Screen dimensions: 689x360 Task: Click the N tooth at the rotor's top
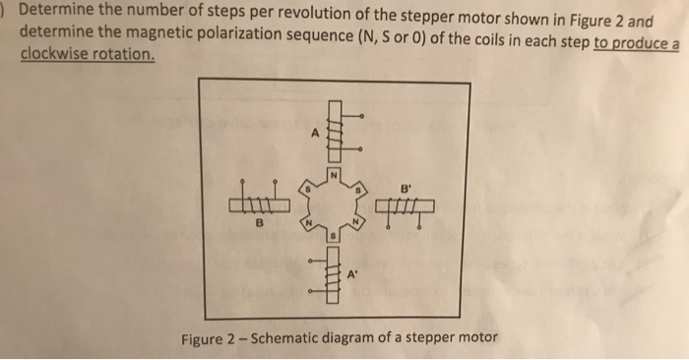[x=334, y=176]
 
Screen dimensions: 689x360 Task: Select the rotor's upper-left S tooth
[x=306, y=187]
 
